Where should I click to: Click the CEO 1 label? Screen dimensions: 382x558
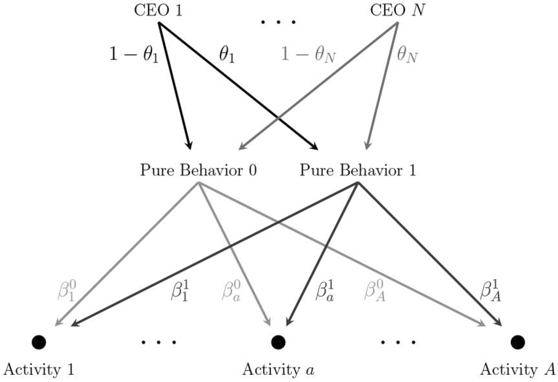click(x=158, y=10)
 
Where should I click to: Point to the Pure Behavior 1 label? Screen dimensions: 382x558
click(x=358, y=171)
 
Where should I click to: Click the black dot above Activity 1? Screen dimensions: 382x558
click(x=38, y=341)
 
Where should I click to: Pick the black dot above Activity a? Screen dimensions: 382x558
click(x=278, y=341)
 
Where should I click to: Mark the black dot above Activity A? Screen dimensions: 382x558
click(x=518, y=341)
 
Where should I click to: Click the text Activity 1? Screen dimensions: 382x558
click(x=39, y=369)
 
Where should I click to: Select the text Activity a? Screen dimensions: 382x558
click(x=279, y=369)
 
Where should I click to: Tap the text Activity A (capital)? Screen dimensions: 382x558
click(x=518, y=369)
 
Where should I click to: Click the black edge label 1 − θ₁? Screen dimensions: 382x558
click(x=134, y=54)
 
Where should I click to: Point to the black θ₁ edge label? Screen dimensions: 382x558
click(x=227, y=54)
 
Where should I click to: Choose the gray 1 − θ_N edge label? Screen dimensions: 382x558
click(x=309, y=54)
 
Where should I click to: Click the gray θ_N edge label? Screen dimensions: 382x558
click(x=407, y=54)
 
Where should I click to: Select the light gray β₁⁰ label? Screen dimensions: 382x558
click(x=67, y=292)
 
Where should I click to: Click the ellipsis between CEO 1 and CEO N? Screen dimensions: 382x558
click(x=279, y=22)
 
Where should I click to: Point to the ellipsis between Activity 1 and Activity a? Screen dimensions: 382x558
click(x=158, y=342)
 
